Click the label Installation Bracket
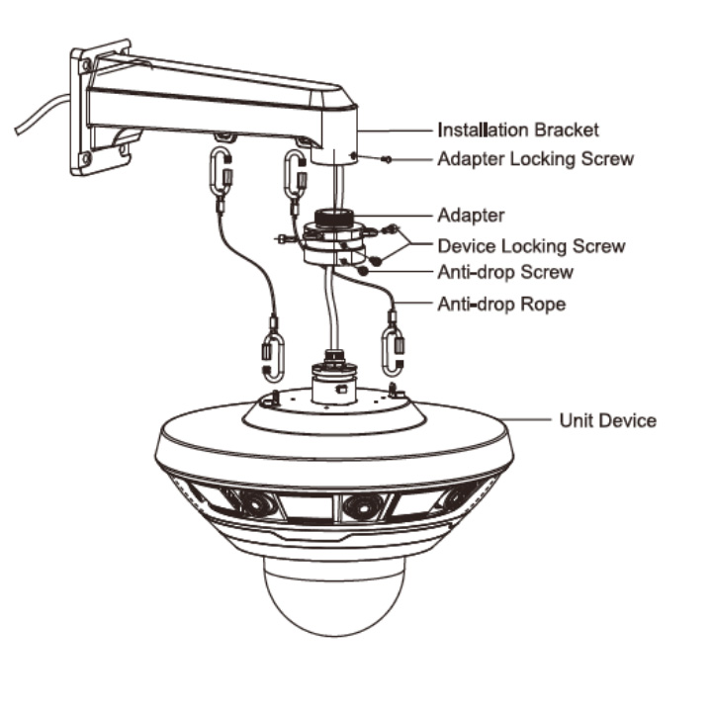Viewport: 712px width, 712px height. click(x=518, y=130)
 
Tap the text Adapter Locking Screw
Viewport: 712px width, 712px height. click(x=535, y=159)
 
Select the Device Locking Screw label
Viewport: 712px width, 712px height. click(x=531, y=246)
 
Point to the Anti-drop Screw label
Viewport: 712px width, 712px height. click(x=505, y=273)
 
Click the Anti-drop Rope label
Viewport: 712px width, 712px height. click(x=501, y=304)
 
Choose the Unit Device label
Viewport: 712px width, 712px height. click(x=607, y=420)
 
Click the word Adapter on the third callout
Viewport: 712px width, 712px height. click(x=471, y=216)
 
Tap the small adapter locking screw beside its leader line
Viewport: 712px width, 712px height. click(x=387, y=159)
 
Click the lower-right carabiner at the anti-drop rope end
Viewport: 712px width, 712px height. click(x=393, y=353)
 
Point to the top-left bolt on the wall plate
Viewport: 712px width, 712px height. click(x=84, y=65)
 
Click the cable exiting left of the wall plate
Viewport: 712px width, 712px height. click(x=41, y=114)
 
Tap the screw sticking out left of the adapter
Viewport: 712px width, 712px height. click(x=285, y=238)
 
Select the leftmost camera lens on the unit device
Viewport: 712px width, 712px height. click(x=256, y=504)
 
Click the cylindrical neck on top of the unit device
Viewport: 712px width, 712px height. click(x=334, y=383)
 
